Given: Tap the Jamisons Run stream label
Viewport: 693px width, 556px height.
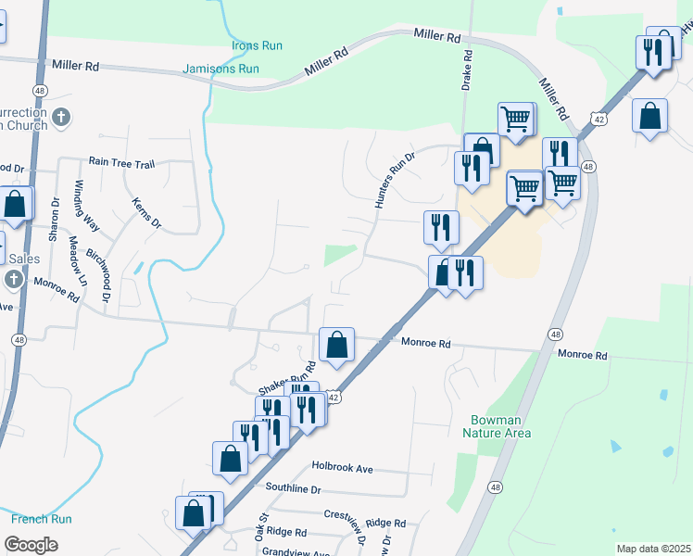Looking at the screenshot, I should [x=220, y=69].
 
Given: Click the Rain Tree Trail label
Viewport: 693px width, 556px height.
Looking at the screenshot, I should [x=120, y=163].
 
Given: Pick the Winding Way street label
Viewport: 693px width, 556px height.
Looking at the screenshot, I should [x=92, y=204].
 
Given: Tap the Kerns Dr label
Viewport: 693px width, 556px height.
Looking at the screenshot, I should [x=146, y=212].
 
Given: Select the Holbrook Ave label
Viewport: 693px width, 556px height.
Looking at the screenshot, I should [x=342, y=469].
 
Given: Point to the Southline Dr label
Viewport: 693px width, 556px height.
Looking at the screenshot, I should [x=292, y=488].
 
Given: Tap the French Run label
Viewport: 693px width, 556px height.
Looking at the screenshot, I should [x=41, y=520].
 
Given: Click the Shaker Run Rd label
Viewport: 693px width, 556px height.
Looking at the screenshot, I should [x=282, y=381].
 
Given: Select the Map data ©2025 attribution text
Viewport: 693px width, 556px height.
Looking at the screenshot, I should [x=653, y=549].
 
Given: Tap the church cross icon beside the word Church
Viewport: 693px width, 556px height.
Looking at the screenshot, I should [x=61, y=118].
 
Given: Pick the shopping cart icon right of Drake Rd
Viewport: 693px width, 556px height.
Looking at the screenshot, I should [x=516, y=120].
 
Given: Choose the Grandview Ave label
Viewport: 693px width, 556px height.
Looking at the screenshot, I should [x=295, y=552].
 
